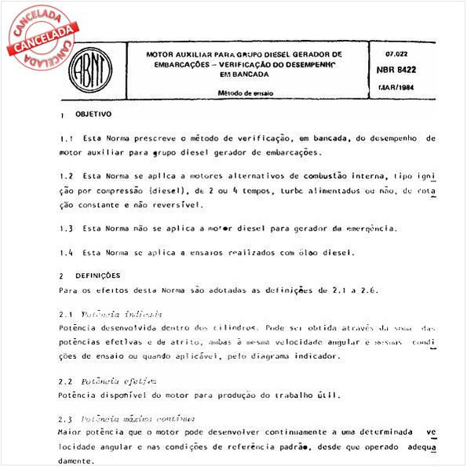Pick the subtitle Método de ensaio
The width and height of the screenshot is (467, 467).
(245, 92)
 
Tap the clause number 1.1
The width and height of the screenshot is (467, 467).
(66, 138)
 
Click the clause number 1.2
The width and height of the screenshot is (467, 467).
(66, 177)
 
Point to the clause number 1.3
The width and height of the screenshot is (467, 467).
(66, 228)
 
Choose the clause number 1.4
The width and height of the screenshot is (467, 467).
(66, 253)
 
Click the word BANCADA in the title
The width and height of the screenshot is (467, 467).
(249, 74)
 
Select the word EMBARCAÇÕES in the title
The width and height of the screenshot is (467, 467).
(178, 64)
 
